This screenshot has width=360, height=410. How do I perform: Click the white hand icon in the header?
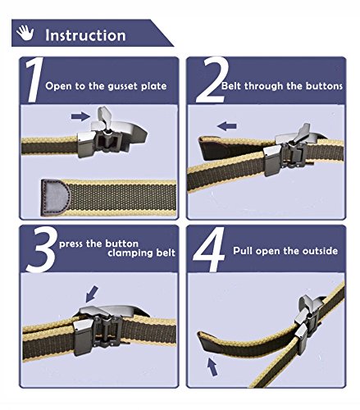(x=25, y=33)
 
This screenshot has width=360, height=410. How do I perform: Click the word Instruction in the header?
(x=85, y=35)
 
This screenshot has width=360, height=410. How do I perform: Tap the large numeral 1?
(x=34, y=80)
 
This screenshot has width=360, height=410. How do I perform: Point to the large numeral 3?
(x=42, y=249)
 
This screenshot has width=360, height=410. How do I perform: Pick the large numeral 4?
(x=209, y=249)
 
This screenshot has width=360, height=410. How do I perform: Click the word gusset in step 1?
(x=122, y=87)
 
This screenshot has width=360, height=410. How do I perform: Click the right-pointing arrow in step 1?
(x=80, y=116)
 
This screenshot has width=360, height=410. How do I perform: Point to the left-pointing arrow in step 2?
(x=226, y=126)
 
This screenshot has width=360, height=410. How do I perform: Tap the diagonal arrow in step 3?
(x=92, y=294)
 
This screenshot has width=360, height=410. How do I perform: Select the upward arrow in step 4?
(x=212, y=367)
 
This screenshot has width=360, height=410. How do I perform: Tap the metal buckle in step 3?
(x=109, y=330)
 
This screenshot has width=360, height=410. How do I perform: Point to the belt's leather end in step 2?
(x=213, y=148)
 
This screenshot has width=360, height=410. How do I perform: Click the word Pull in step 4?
(x=243, y=251)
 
